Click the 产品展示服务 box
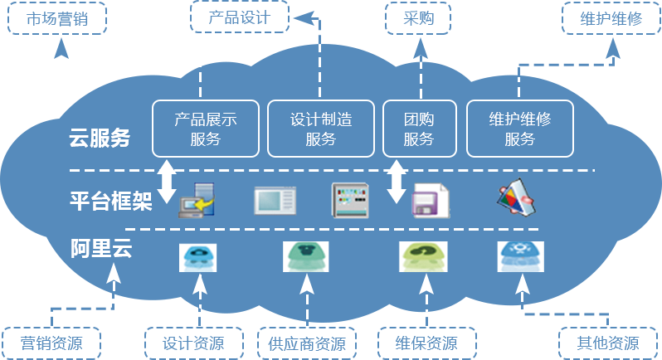coord(206,129)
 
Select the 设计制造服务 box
coord(321,129)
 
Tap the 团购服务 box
coord(418,129)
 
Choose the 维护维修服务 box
coord(520,129)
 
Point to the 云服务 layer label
coord(100,139)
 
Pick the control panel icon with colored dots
coord(348,200)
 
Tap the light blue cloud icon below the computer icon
coord(198,256)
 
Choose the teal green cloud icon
coord(306,256)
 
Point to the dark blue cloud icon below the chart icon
coord(521,256)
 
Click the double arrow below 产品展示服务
coord(168,181)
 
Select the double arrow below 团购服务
coord(397,181)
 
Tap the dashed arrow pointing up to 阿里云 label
coord(114,294)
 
